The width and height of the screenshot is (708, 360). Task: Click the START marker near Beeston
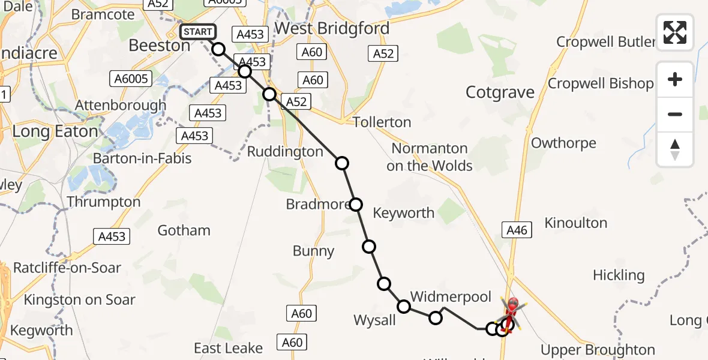tap(198, 32)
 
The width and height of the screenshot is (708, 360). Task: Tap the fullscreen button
tap(675, 32)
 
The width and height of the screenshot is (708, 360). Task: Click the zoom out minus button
tap(675, 114)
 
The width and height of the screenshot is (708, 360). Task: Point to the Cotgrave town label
tap(500, 92)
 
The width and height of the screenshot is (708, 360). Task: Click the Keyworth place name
tap(403, 213)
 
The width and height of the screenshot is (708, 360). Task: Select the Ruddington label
tap(285, 152)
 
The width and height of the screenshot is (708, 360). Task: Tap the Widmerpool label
tap(451, 297)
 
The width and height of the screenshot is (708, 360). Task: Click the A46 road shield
tap(516, 229)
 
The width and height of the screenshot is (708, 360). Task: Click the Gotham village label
tap(184, 230)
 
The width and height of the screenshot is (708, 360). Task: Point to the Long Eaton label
tap(55, 131)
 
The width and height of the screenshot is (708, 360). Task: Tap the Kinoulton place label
tap(575, 223)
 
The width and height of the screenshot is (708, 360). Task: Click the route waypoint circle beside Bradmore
tap(356, 205)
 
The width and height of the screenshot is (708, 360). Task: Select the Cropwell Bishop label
tap(601, 84)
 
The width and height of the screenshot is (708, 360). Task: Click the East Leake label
tap(228, 349)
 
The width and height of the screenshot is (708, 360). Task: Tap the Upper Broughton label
tap(598, 350)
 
